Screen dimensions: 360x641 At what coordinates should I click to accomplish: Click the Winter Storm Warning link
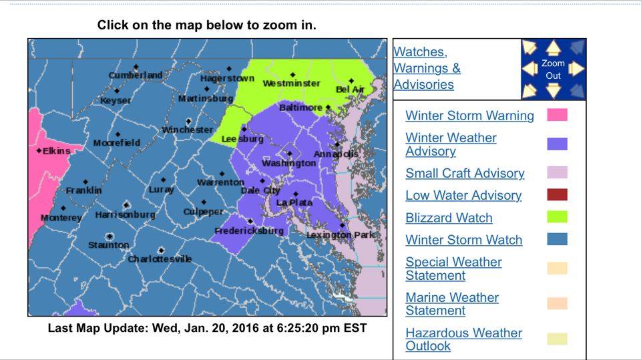(469, 116)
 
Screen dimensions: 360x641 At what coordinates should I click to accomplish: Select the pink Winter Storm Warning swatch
(557, 115)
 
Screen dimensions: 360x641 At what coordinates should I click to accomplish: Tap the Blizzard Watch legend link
(449, 218)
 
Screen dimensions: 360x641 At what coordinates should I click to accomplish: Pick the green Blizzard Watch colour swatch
(557, 217)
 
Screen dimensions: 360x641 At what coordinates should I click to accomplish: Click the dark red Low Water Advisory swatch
(557, 195)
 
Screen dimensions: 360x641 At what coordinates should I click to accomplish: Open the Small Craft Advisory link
(465, 173)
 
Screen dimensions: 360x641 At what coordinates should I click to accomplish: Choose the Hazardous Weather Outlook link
(463, 339)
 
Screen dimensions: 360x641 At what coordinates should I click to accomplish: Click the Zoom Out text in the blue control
(553, 69)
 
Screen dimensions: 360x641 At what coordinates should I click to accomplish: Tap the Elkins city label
(56, 151)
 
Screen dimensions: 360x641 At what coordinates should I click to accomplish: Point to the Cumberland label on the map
(136, 75)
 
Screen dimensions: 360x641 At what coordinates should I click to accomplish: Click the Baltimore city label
(300, 108)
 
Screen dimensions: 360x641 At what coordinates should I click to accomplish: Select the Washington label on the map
(288, 163)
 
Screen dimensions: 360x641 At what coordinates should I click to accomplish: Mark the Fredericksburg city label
(248, 231)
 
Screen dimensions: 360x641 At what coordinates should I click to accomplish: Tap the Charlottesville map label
(160, 258)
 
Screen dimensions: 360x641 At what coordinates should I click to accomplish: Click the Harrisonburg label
(125, 215)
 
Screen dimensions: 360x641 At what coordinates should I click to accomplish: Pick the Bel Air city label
(351, 89)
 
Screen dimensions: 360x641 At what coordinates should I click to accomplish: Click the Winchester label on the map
(187, 130)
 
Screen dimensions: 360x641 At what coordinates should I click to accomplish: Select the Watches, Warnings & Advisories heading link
(427, 68)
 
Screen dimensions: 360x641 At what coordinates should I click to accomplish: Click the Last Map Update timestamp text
(207, 329)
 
